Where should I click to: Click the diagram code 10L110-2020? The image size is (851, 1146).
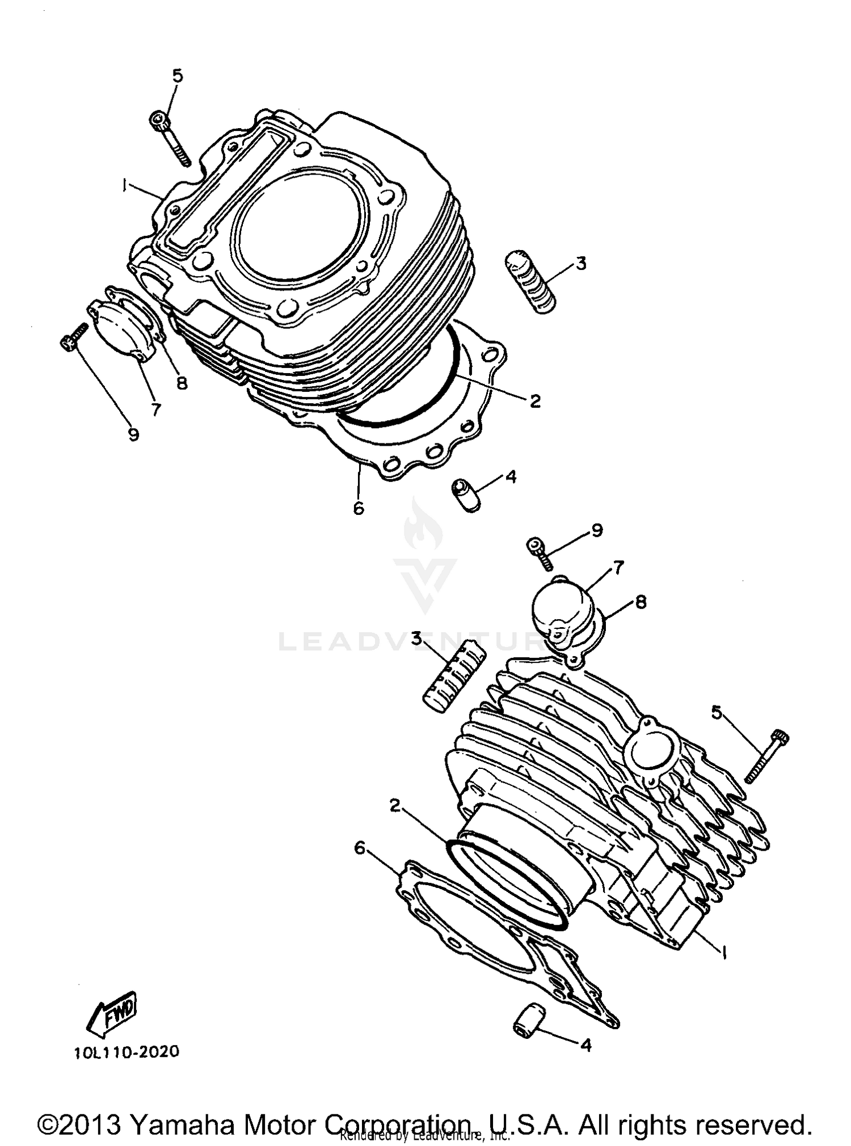(x=127, y=1052)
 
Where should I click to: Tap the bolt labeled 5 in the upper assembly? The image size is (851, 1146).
(x=170, y=138)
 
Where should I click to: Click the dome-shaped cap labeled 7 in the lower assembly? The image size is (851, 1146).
(x=559, y=614)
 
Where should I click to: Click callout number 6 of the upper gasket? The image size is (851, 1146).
(x=358, y=509)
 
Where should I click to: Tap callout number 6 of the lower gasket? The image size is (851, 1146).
(x=359, y=848)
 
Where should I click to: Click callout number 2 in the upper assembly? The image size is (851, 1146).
(x=535, y=401)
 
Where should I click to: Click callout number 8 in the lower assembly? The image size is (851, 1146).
(x=641, y=602)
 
